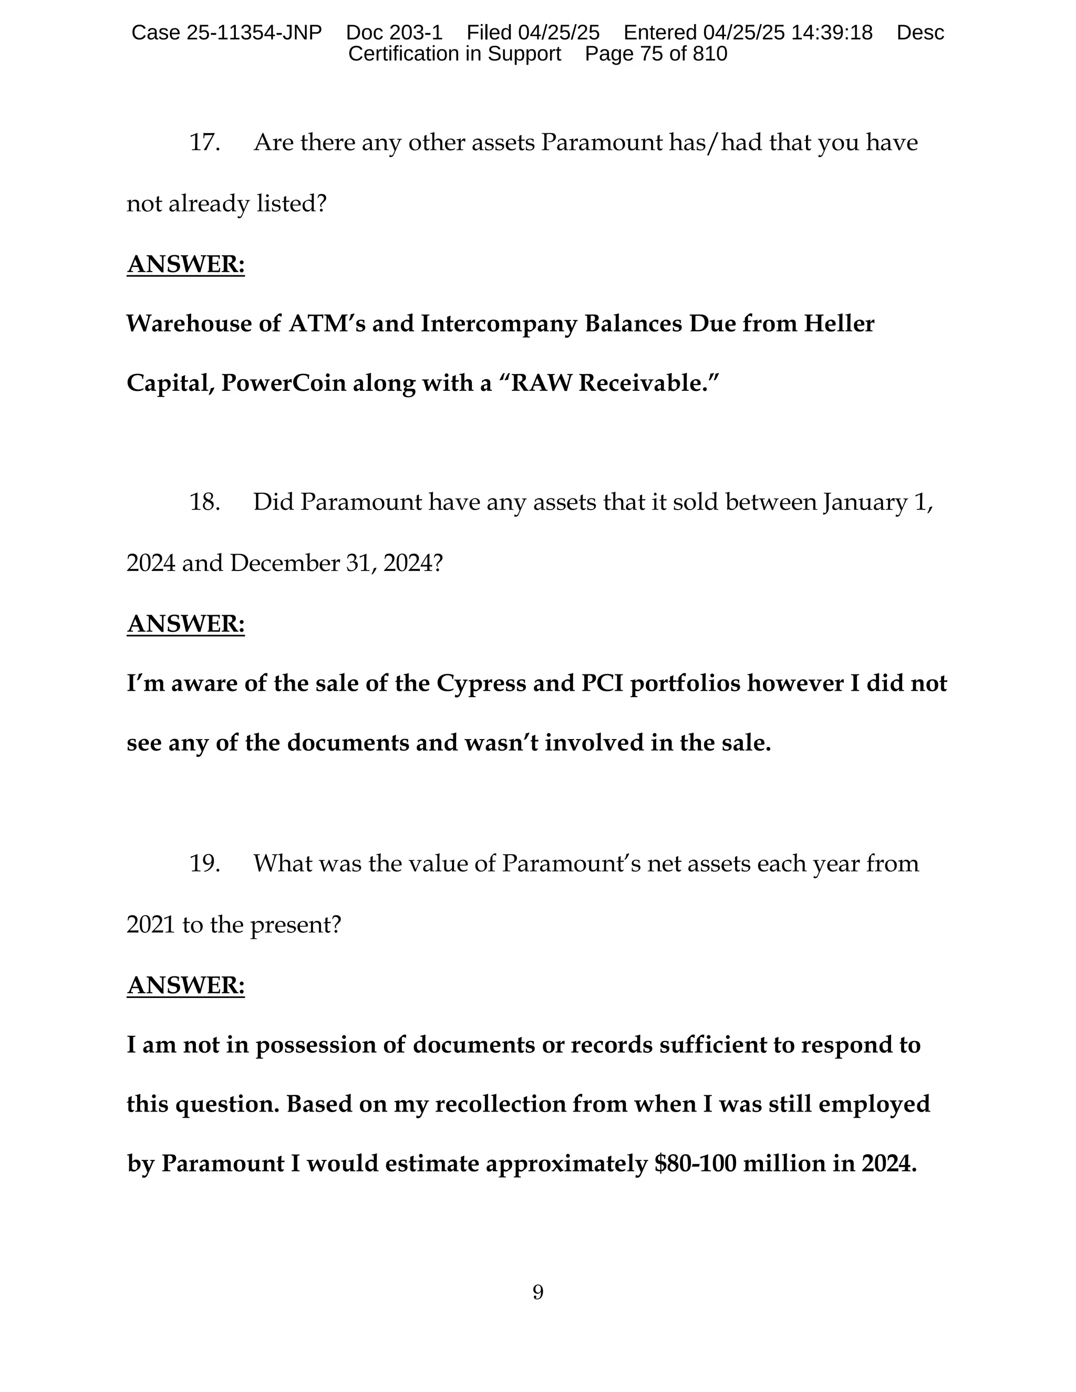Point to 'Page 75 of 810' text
click(656, 54)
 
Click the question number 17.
click(204, 142)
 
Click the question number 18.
click(204, 502)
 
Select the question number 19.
click(204, 864)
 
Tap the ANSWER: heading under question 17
click(185, 265)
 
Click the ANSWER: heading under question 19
click(185, 986)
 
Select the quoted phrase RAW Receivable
click(609, 383)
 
